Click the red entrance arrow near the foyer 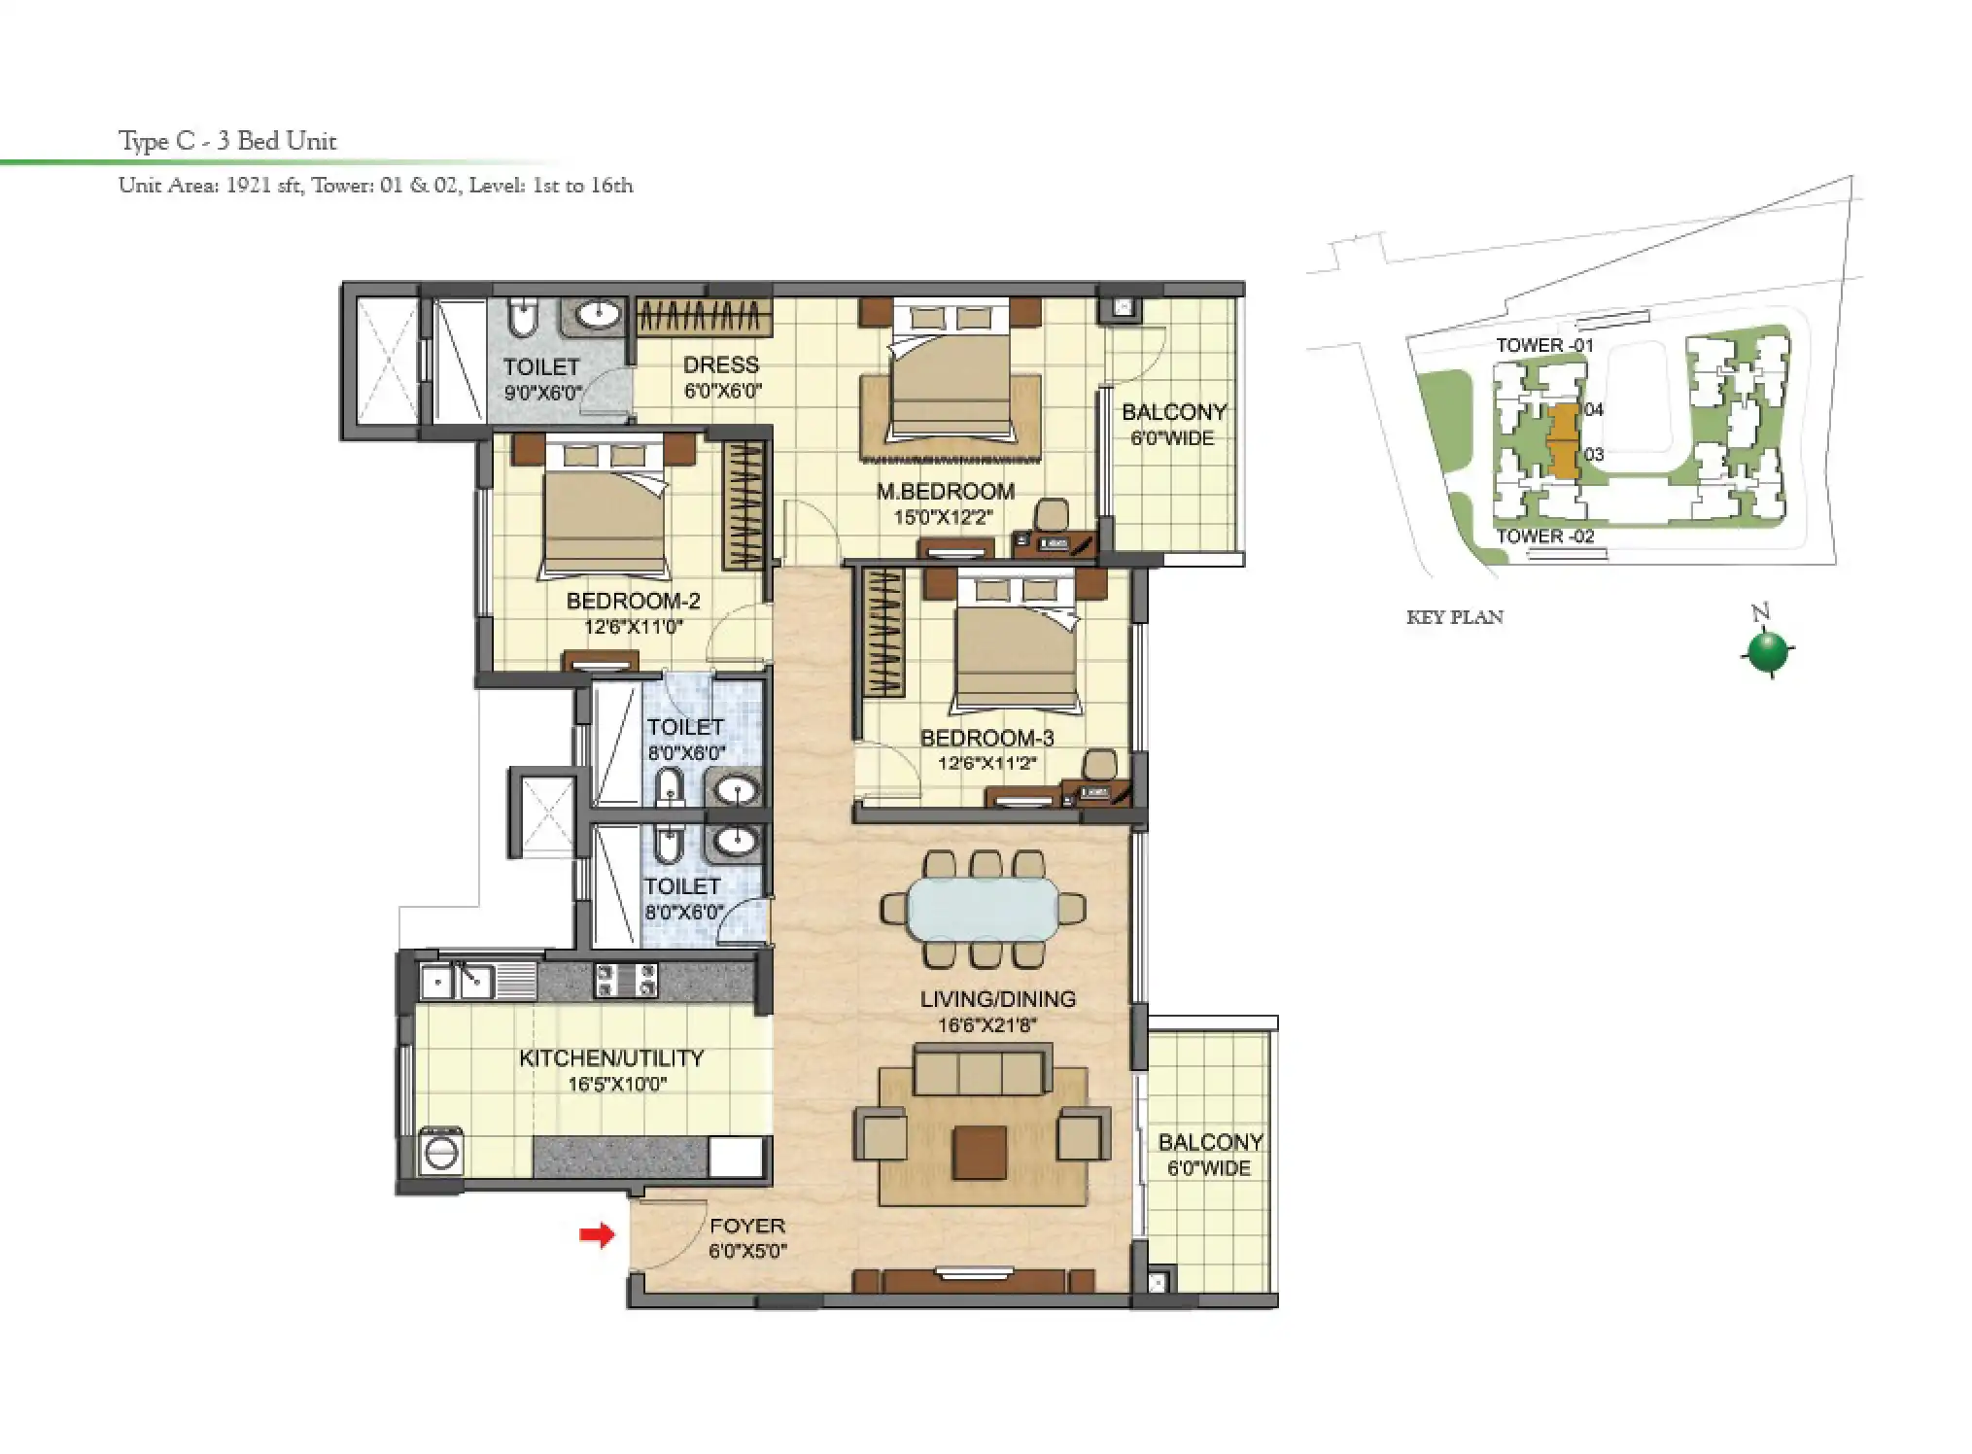pyautogui.click(x=597, y=1234)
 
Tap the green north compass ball pyautogui.click(x=1767, y=651)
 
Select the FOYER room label pyautogui.click(x=746, y=1226)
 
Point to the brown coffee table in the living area pyautogui.click(x=980, y=1152)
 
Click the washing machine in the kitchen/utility pyautogui.click(x=441, y=1154)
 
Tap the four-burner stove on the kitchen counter pyautogui.click(x=626, y=980)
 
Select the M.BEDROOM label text pyautogui.click(x=945, y=492)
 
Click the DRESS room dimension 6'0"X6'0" pyautogui.click(x=722, y=392)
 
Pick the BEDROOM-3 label pyautogui.click(x=986, y=738)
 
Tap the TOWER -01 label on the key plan pyautogui.click(x=1544, y=345)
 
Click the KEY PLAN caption pyautogui.click(x=1454, y=617)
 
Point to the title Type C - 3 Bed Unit pyautogui.click(x=227, y=141)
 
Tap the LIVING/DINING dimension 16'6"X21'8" pyautogui.click(x=986, y=1024)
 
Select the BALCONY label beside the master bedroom pyautogui.click(x=1173, y=412)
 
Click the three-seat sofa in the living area pyautogui.click(x=983, y=1071)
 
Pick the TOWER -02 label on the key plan pyautogui.click(x=1544, y=536)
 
